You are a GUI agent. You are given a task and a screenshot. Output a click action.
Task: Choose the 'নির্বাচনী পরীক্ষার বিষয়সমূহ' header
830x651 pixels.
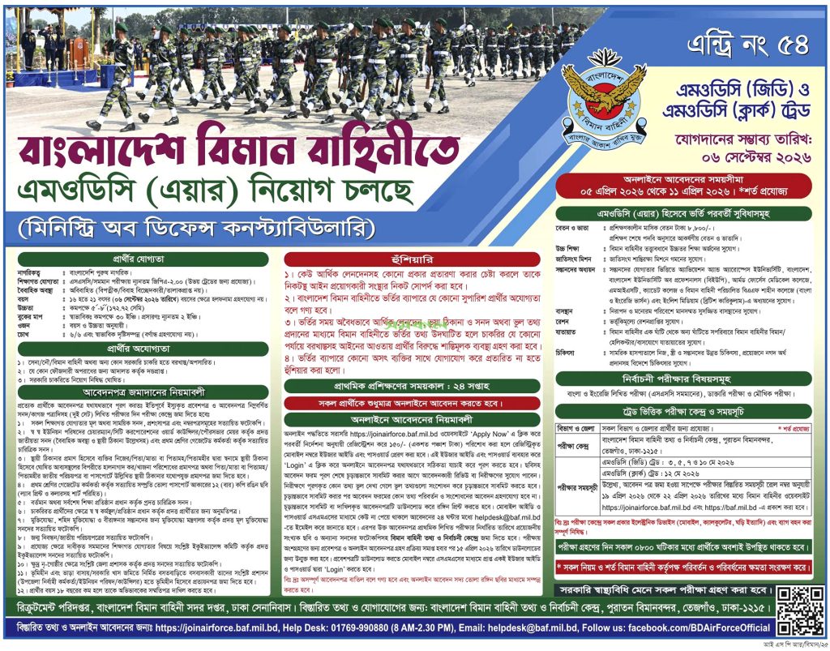pyautogui.click(x=690, y=377)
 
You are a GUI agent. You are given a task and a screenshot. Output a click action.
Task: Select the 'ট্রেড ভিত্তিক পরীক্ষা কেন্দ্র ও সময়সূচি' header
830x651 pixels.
pyautogui.click(x=690, y=411)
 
